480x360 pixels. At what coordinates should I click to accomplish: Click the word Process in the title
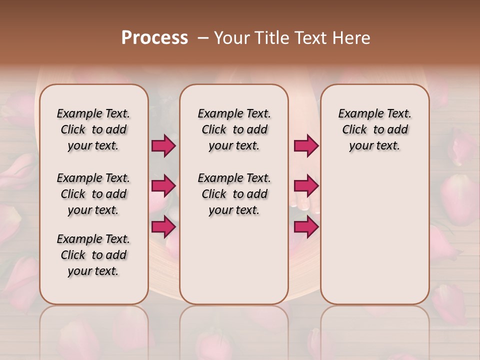click(154, 38)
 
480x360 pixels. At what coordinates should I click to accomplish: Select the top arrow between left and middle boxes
click(163, 146)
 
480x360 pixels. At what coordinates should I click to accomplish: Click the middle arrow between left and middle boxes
click(163, 186)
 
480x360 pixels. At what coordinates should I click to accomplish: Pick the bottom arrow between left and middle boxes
click(163, 226)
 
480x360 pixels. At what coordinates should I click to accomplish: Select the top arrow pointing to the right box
click(306, 146)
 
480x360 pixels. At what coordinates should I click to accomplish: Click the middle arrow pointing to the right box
click(306, 186)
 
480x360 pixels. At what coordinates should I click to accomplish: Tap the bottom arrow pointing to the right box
click(306, 226)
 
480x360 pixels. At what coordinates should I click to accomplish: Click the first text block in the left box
click(93, 129)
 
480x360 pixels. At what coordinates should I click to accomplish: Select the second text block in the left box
click(93, 194)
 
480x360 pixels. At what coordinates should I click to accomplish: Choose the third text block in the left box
click(93, 255)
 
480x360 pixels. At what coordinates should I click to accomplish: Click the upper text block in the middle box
click(234, 129)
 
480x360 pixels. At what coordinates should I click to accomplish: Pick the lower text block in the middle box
click(234, 194)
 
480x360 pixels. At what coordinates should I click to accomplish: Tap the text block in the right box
click(374, 129)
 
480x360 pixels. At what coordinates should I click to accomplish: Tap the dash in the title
click(203, 38)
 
